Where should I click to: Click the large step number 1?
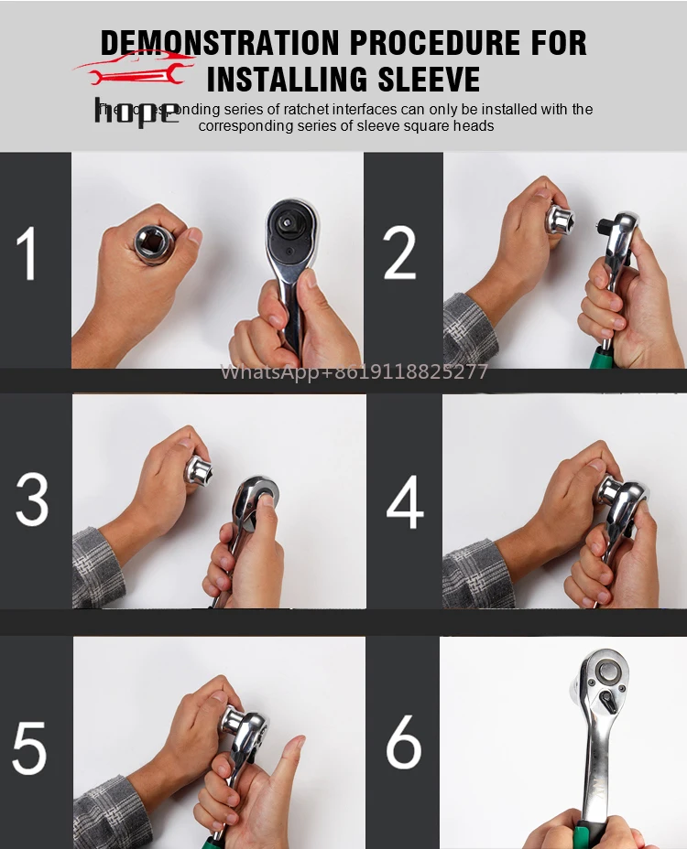click(x=28, y=253)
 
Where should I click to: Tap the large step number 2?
click(x=399, y=253)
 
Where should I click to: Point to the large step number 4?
click(x=404, y=502)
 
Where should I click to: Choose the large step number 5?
click(x=29, y=747)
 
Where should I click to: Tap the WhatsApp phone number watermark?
click(x=354, y=372)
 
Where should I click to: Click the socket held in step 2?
click(x=562, y=220)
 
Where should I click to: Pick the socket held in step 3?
click(x=199, y=471)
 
